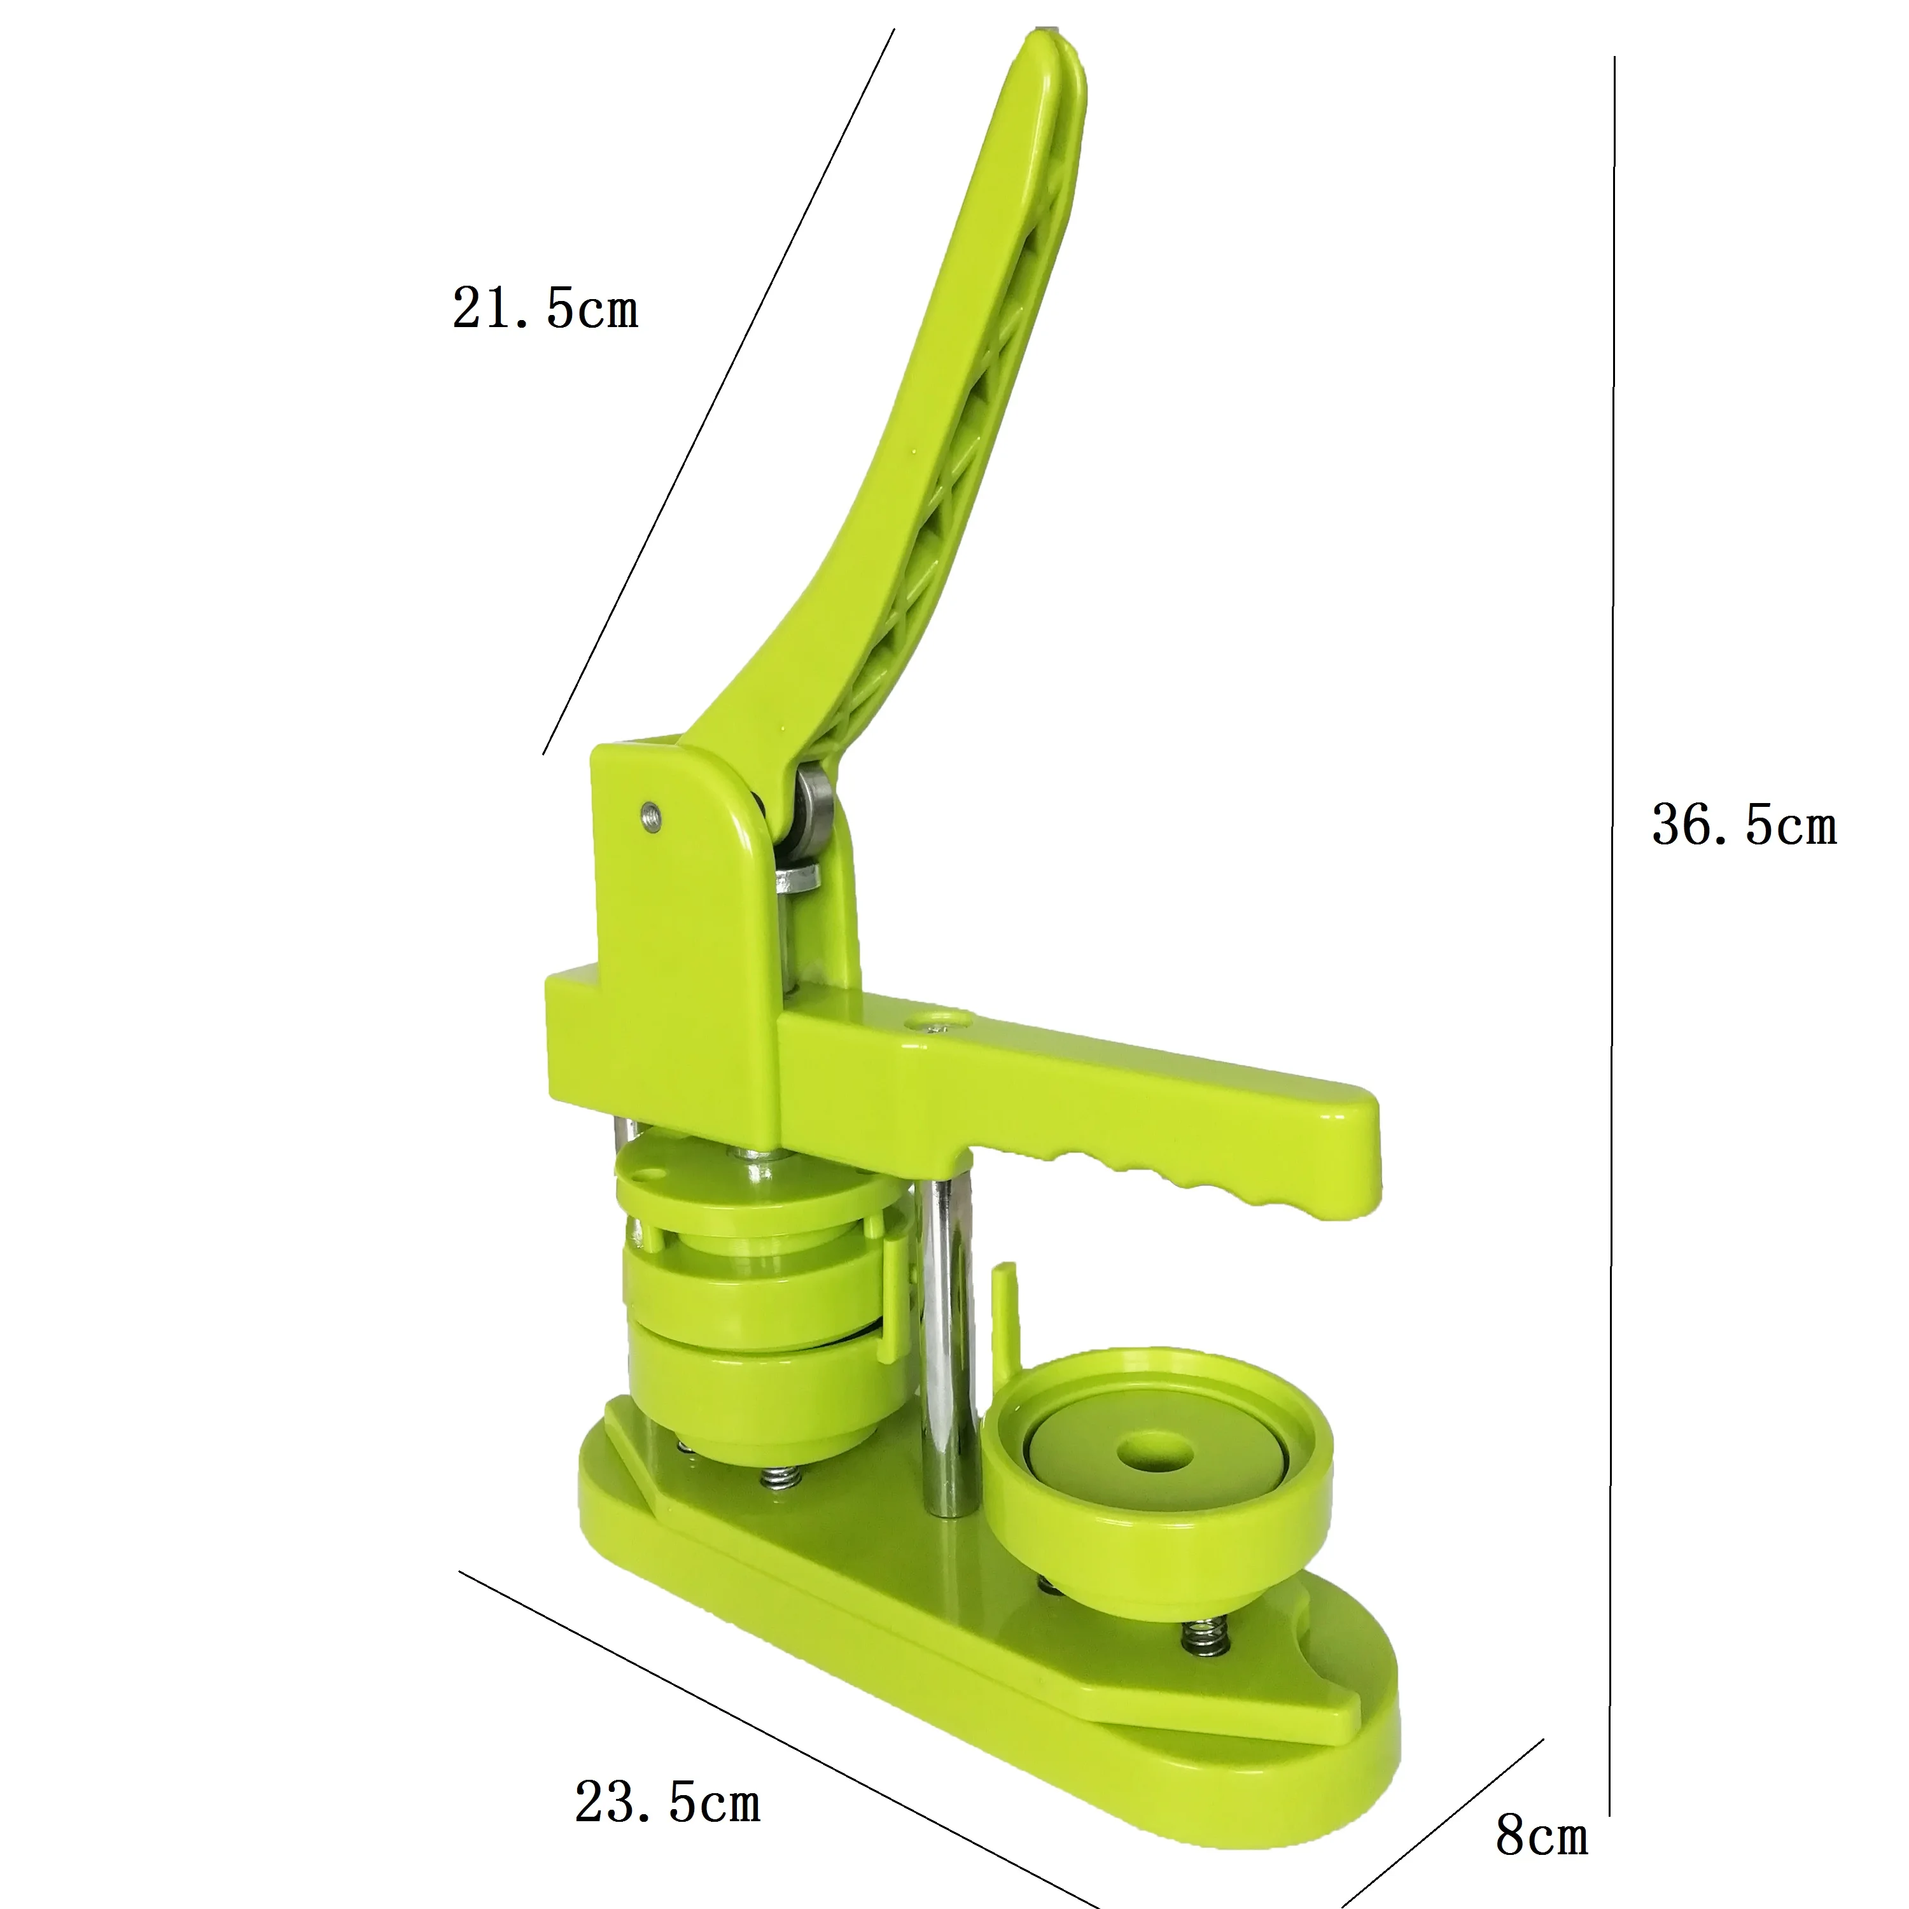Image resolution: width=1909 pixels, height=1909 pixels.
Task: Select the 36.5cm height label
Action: pyautogui.click(x=1744, y=825)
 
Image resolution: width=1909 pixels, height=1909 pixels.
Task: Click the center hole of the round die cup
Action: pyautogui.click(x=1154, y=1453)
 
